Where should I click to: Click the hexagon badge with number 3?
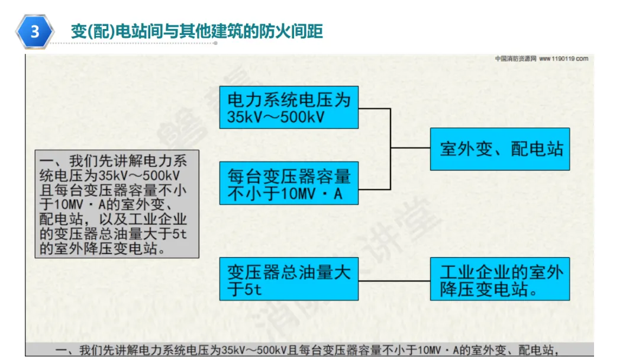(x=35, y=31)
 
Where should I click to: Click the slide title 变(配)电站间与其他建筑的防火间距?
(x=196, y=31)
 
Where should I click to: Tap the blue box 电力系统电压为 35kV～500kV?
(x=289, y=107)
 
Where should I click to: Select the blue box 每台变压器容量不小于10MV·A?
(x=289, y=184)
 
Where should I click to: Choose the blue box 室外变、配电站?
(x=500, y=149)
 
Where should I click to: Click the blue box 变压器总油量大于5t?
(x=289, y=279)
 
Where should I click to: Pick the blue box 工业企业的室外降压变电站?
(x=500, y=279)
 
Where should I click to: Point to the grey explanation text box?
(x=117, y=203)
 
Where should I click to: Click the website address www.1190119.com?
(x=563, y=59)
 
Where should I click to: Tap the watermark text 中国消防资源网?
(x=515, y=59)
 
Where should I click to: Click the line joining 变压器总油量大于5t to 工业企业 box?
(x=394, y=279)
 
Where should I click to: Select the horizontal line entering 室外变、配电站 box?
(x=410, y=148)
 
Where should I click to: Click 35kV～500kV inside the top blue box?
(x=276, y=117)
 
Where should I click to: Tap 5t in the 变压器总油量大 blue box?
(x=251, y=290)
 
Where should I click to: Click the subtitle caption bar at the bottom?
(x=309, y=349)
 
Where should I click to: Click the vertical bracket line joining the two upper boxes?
(x=390, y=148)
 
